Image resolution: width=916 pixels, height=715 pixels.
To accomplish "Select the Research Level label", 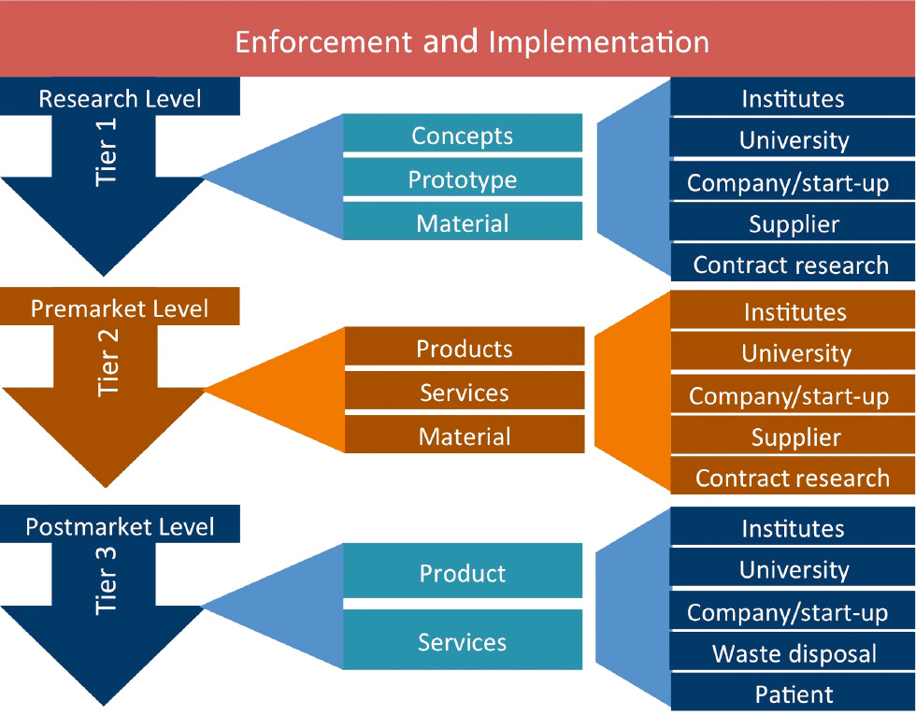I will (120, 98).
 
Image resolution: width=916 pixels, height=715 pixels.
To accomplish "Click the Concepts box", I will (463, 136).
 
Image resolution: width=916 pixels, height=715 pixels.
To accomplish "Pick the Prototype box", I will (463, 179).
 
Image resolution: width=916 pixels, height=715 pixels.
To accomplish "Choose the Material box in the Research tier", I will (463, 223).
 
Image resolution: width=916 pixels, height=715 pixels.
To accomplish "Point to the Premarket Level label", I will (120, 308).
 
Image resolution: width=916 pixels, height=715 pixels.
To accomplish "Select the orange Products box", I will (465, 349).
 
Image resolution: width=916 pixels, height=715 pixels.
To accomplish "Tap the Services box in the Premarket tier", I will (465, 393).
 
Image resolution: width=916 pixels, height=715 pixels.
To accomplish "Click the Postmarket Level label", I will (120, 526).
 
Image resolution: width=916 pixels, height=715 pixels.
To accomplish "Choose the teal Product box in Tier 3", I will (463, 573).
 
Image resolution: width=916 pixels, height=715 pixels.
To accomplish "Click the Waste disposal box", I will (794, 653).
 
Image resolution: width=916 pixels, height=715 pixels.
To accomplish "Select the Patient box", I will (794, 694).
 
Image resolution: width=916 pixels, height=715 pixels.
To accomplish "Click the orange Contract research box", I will (793, 479).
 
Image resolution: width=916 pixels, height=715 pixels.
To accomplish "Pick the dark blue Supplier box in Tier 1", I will (794, 223).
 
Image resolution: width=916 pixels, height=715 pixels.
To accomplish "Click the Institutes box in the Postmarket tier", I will (794, 528).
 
